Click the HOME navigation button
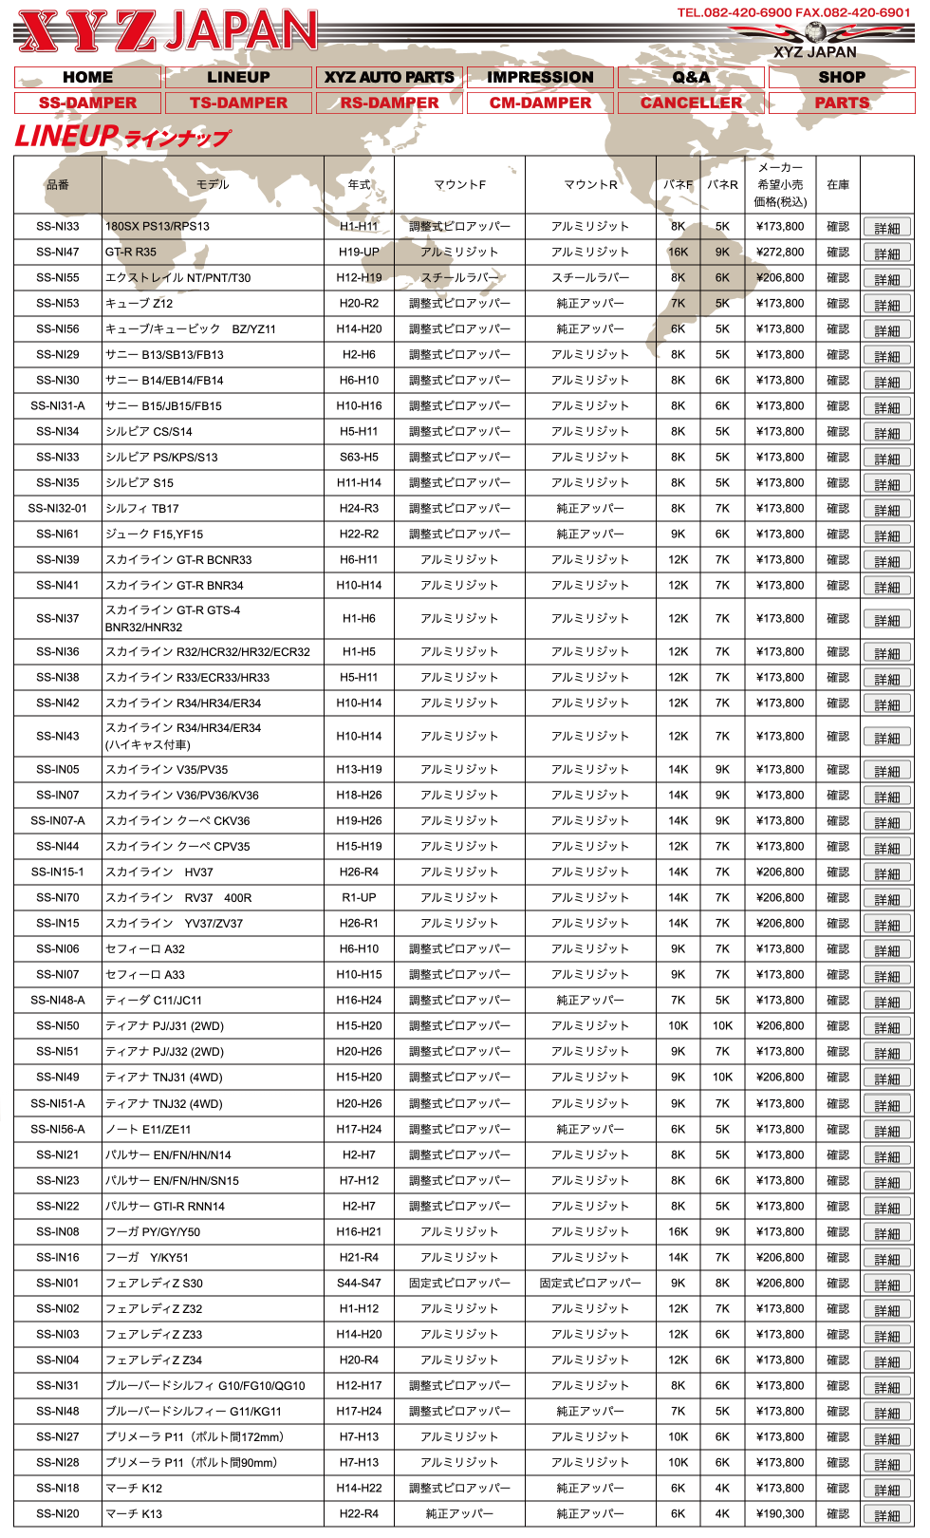[x=87, y=77]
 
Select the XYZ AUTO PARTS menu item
[x=389, y=77]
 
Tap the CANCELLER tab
[x=691, y=103]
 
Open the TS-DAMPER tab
[x=238, y=103]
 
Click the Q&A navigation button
[x=691, y=77]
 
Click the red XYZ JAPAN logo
[x=167, y=31]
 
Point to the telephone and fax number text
[x=792, y=12]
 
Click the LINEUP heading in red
[x=121, y=137]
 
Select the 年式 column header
[x=359, y=185]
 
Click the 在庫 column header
[x=838, y=185]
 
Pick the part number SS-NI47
[x=58, y=253]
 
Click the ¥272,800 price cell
[x=780, y=253]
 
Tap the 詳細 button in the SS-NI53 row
[x=887, y=305]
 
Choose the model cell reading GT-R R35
[x=131, y=253]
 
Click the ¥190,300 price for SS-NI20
[x=780, y=1514]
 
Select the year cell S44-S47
[x=359, y=1284]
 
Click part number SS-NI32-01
[x=58, y=509]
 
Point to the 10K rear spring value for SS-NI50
[x=722, y=1026]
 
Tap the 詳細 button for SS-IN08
[x=887, y=1233]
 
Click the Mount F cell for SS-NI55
[x=459, y=278]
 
